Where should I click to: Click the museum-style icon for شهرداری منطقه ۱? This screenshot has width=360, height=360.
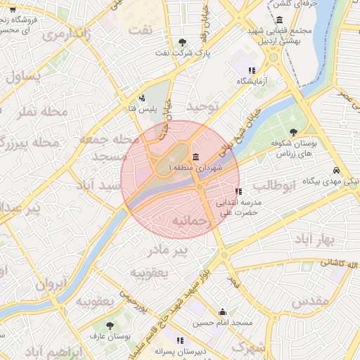coord(195,156)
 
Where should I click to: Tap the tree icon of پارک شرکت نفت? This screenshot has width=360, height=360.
coord(183,42)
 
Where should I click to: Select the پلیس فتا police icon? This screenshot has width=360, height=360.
coord(143,98)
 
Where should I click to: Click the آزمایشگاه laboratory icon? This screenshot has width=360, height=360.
coord(252,70)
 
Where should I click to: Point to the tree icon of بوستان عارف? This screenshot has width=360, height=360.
coord(110,326)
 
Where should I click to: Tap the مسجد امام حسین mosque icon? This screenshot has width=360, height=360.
coord(223,311)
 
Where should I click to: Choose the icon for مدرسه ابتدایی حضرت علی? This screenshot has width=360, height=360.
coord(238,191)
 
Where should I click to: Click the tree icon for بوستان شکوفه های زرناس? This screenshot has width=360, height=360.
coord(293,132)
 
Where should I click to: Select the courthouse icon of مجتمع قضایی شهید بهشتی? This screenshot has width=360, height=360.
coord(281,20)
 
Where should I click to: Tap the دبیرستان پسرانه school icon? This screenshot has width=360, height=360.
coord(180,340)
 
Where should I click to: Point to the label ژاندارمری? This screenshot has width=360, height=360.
coord(66,35)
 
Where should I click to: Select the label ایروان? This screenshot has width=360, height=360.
coord(51,285)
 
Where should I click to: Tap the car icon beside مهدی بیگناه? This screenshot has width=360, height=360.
coord(337,171)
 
